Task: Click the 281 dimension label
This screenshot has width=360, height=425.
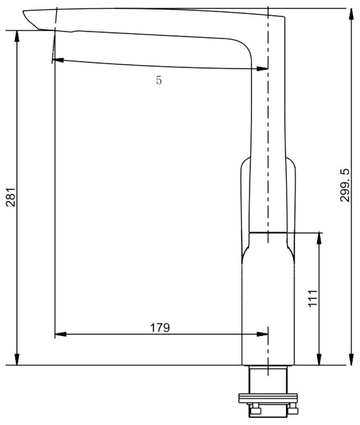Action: [x=11, y=197]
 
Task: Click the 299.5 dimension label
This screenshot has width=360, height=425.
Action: [x=345, y=186]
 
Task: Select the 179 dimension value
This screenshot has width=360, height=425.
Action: [x=160, y=328]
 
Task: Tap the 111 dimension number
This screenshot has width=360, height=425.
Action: [x=313, y=299]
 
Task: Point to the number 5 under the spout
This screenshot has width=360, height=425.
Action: [x=159, y=80]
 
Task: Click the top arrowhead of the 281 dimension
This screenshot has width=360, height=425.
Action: [x=17, y=36]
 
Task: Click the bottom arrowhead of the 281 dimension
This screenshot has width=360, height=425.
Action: [x=17, y=360]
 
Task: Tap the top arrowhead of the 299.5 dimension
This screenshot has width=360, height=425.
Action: [x=351, y=14]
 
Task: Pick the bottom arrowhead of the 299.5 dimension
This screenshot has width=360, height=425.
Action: [x=351, y=360]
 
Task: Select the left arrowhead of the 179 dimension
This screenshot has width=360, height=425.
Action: [x=60, y=334]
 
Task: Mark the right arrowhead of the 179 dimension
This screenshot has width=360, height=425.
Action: [x=262, y=334]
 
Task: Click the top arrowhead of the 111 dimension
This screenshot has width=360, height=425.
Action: [x=319, y=238]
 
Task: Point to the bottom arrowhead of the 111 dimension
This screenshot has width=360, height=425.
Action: [x=319, y=360]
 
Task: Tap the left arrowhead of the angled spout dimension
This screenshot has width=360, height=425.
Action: [x=58, y=60]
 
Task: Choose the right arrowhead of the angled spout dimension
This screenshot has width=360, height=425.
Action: [x=262, y=69]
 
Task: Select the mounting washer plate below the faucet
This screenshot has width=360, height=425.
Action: [x=268, y=398]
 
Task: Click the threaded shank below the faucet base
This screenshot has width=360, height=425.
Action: [x=268, y=380]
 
